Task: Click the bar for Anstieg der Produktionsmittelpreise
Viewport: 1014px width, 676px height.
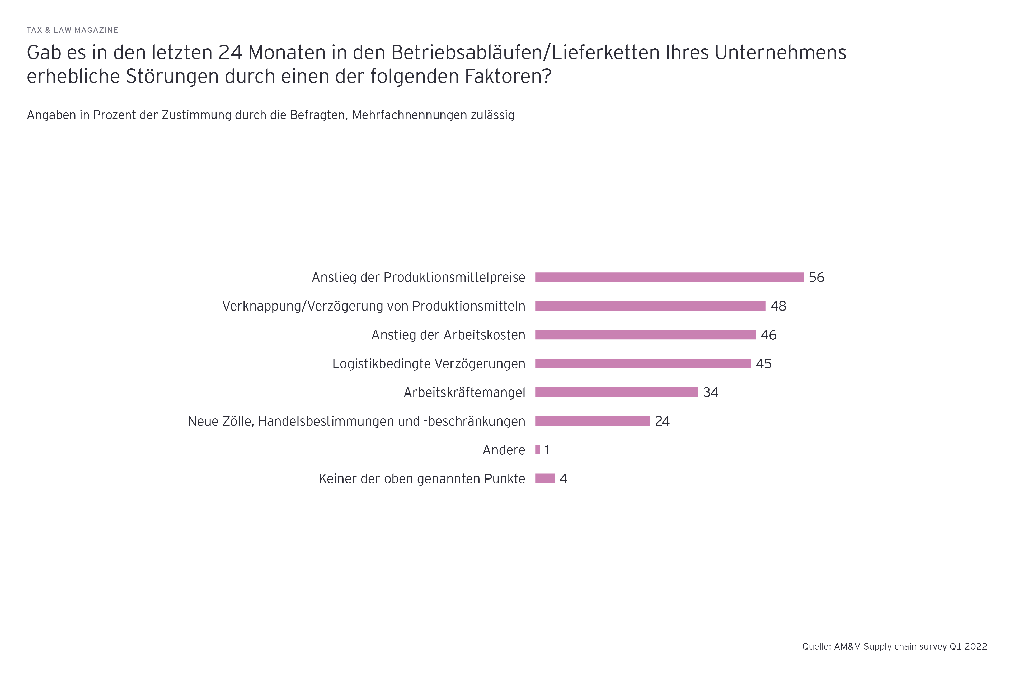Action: [x=669, y=277]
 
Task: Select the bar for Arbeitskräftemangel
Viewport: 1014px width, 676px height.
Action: [x=617, y=392]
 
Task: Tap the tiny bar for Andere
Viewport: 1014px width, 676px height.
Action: [x=538, y=450]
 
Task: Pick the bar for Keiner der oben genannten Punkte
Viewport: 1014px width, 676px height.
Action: [x=544, y=478]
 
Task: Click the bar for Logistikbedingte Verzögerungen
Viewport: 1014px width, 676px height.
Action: [x=643, y=363]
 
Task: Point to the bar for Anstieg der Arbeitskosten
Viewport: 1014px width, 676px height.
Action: [x=645, y=335]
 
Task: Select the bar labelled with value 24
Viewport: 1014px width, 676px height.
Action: [x=592, y=421]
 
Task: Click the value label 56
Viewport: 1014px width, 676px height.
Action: [x=816, y=277]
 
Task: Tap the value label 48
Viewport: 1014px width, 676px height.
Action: [x=778, y=306]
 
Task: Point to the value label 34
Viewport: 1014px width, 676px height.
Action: [x=711, y=392]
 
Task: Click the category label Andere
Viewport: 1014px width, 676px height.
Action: [x=504, y=450]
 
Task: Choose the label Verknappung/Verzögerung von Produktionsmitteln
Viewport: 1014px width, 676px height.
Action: [x=374, y=306]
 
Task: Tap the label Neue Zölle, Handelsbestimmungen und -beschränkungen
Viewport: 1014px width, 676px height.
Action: [x=356, y=421]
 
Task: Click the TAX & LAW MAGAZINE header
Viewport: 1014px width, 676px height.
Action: [x=72, y=30]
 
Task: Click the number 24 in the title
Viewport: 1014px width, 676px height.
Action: [x=230, y=53]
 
